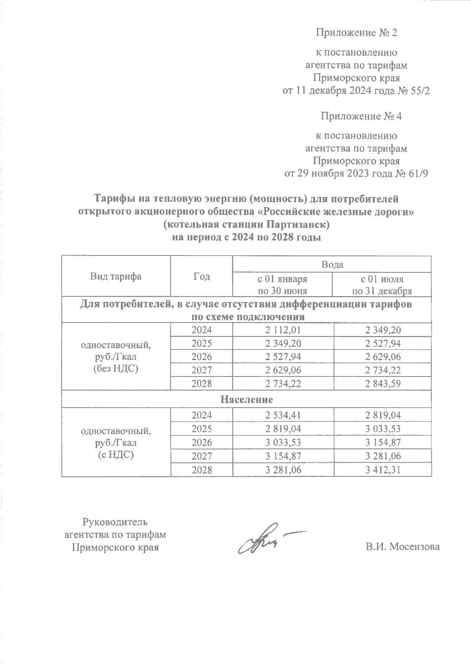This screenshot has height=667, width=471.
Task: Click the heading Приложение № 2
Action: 357,33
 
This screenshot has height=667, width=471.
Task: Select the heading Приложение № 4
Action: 361,116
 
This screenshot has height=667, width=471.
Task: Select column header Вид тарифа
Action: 115,276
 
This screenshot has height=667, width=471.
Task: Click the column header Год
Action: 201,276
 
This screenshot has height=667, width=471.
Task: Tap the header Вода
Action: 332,264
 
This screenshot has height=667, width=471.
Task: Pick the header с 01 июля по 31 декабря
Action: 382,285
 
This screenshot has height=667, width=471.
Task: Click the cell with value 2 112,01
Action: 283,330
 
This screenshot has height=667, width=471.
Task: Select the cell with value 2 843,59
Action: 382,383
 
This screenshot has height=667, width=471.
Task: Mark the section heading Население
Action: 246,400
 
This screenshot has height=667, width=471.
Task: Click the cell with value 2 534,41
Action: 283,415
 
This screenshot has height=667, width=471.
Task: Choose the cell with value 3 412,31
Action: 382,469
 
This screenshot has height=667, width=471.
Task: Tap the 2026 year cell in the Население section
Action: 201,442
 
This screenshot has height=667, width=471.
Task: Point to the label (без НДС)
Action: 115,369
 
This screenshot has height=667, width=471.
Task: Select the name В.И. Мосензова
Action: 403,547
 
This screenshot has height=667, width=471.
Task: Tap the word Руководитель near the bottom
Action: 115,522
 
